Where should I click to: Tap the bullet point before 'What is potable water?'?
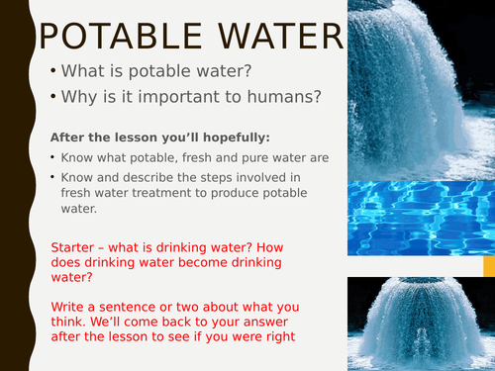[50, 72]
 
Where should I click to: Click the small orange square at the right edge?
[488, 265]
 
